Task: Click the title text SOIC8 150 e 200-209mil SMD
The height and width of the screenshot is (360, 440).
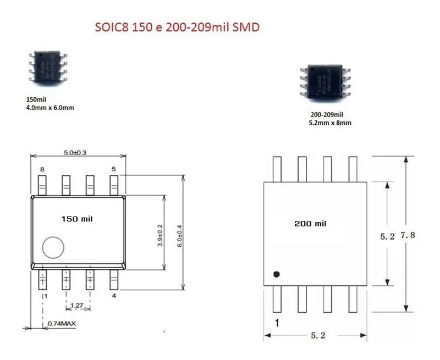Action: [175, 27]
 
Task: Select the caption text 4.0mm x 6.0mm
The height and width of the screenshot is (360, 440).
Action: [50, 108]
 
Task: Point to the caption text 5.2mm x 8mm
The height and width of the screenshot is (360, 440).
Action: [330, 123]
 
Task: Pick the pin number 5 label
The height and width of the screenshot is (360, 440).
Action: [114, 169]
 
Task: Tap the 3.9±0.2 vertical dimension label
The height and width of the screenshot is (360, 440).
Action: [159, 235]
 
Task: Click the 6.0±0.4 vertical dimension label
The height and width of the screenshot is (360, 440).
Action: [179, 235]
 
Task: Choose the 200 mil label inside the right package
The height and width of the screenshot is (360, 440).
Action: [310, 224]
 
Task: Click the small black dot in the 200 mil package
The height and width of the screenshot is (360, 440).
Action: [277, 273]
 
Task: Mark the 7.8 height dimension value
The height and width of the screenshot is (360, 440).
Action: [408, 235]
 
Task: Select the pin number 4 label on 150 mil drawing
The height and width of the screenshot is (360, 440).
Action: [114, 296]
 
